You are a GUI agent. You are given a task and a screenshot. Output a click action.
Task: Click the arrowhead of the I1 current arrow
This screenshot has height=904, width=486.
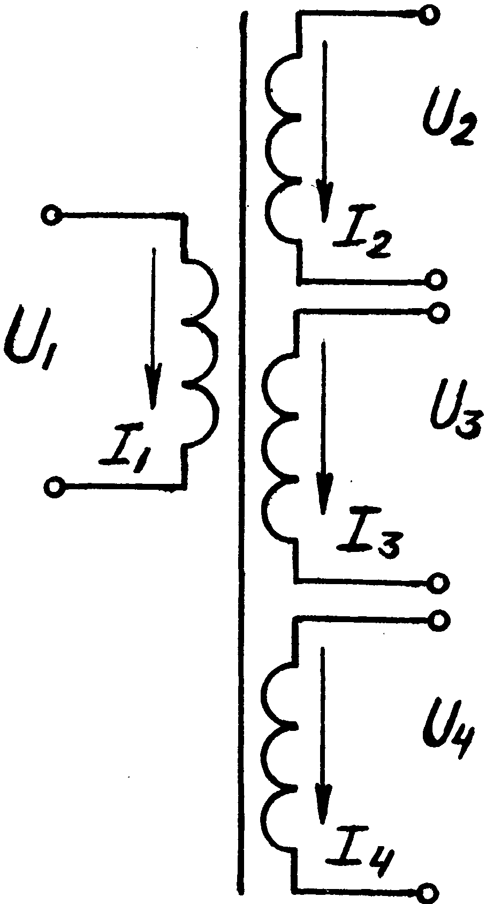154,394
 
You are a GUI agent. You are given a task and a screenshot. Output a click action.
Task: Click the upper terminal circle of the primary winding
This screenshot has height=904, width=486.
52,215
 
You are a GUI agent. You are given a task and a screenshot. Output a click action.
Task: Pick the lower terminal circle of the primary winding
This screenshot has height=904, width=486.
53,487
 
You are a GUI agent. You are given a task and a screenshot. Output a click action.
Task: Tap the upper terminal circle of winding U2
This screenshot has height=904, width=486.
428,15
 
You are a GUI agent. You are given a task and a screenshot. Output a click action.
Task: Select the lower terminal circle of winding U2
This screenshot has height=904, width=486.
436,279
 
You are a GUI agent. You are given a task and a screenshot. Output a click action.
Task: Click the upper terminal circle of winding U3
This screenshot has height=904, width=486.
437,312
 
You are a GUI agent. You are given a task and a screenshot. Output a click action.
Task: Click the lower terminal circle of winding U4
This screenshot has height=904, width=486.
430,892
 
